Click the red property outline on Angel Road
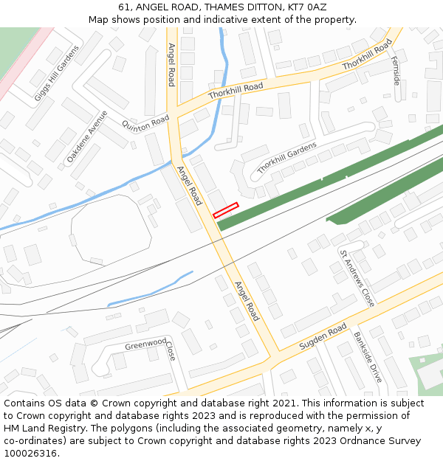click(226, 210)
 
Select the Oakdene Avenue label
click(87, 136)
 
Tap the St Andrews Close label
click(357, 277)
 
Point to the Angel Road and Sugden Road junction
click(271, 358)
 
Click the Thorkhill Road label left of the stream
click(236, 91)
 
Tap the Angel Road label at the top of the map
click(171, 64)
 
